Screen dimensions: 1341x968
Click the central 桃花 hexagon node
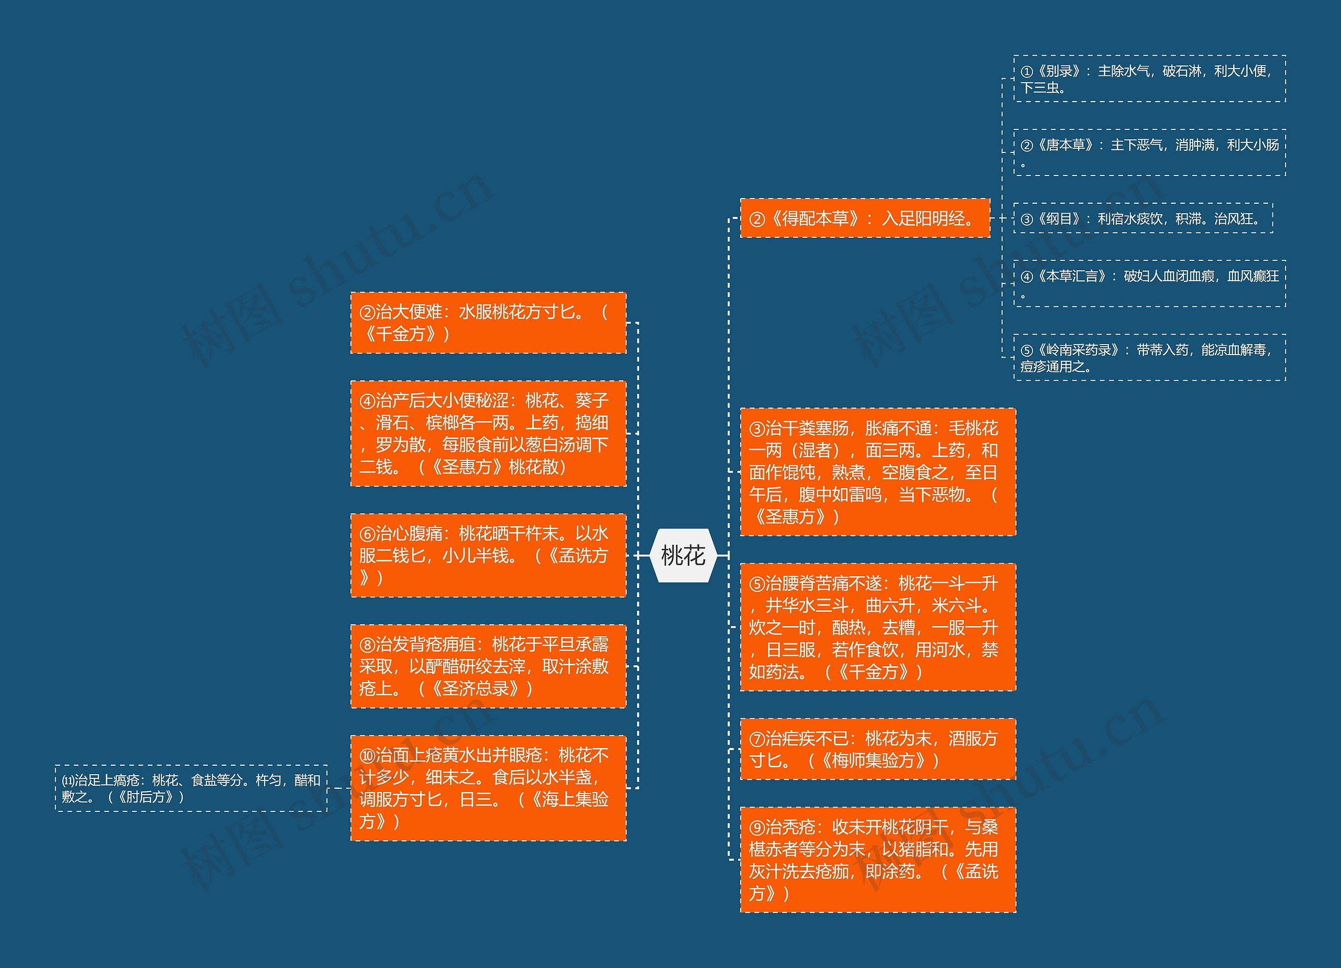click(683, 556)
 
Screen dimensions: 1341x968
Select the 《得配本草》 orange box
click(864, 219)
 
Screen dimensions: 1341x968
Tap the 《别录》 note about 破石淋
click(1149, 79)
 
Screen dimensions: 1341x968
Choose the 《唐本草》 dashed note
click(1149, 152)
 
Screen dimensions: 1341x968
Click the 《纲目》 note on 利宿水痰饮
click(1142, 219)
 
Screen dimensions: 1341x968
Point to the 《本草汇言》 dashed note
click(1149, 284)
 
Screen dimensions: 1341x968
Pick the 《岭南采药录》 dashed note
click(1149, 358)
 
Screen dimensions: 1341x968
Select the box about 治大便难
click(488, 323)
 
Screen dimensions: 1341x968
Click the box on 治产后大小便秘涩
click(488, 433)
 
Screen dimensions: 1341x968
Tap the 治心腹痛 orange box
click(488, 555)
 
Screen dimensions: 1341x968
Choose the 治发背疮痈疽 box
click(488, 666)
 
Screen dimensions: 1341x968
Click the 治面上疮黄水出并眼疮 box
click(488, 788)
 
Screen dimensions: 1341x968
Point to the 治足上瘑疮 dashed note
click(191, 788)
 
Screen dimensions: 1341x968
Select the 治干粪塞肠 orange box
click(877, 472)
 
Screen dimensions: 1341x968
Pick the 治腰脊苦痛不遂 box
click(877, 627)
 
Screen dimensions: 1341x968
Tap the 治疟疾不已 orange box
click(877, 749)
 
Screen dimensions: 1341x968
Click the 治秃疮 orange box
click(877, 859)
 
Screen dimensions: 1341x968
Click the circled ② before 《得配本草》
click(757, 219)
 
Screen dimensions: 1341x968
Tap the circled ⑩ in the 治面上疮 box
click(367, 756)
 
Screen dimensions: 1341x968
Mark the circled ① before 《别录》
click(1027, 72)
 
